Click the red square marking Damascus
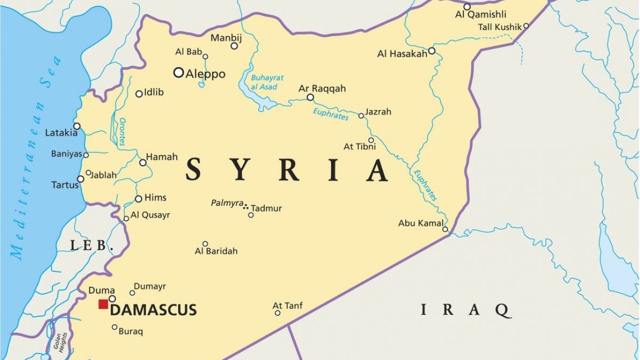[103, 304]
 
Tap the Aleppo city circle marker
[179, 73]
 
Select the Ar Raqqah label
[322, 88]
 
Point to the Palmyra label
[227, 203]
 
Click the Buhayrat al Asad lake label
[267, 82]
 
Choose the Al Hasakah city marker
[431, 51]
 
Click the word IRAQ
[466, 310]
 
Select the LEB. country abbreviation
[92, 246]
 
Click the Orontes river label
[122, 132]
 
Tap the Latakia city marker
[77, 126]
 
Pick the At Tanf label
[287, 306]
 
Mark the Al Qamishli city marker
[467, 7]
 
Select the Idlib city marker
[139, 94]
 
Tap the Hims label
[155, 197]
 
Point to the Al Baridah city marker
[205, 244]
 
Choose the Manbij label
[226, 38]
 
